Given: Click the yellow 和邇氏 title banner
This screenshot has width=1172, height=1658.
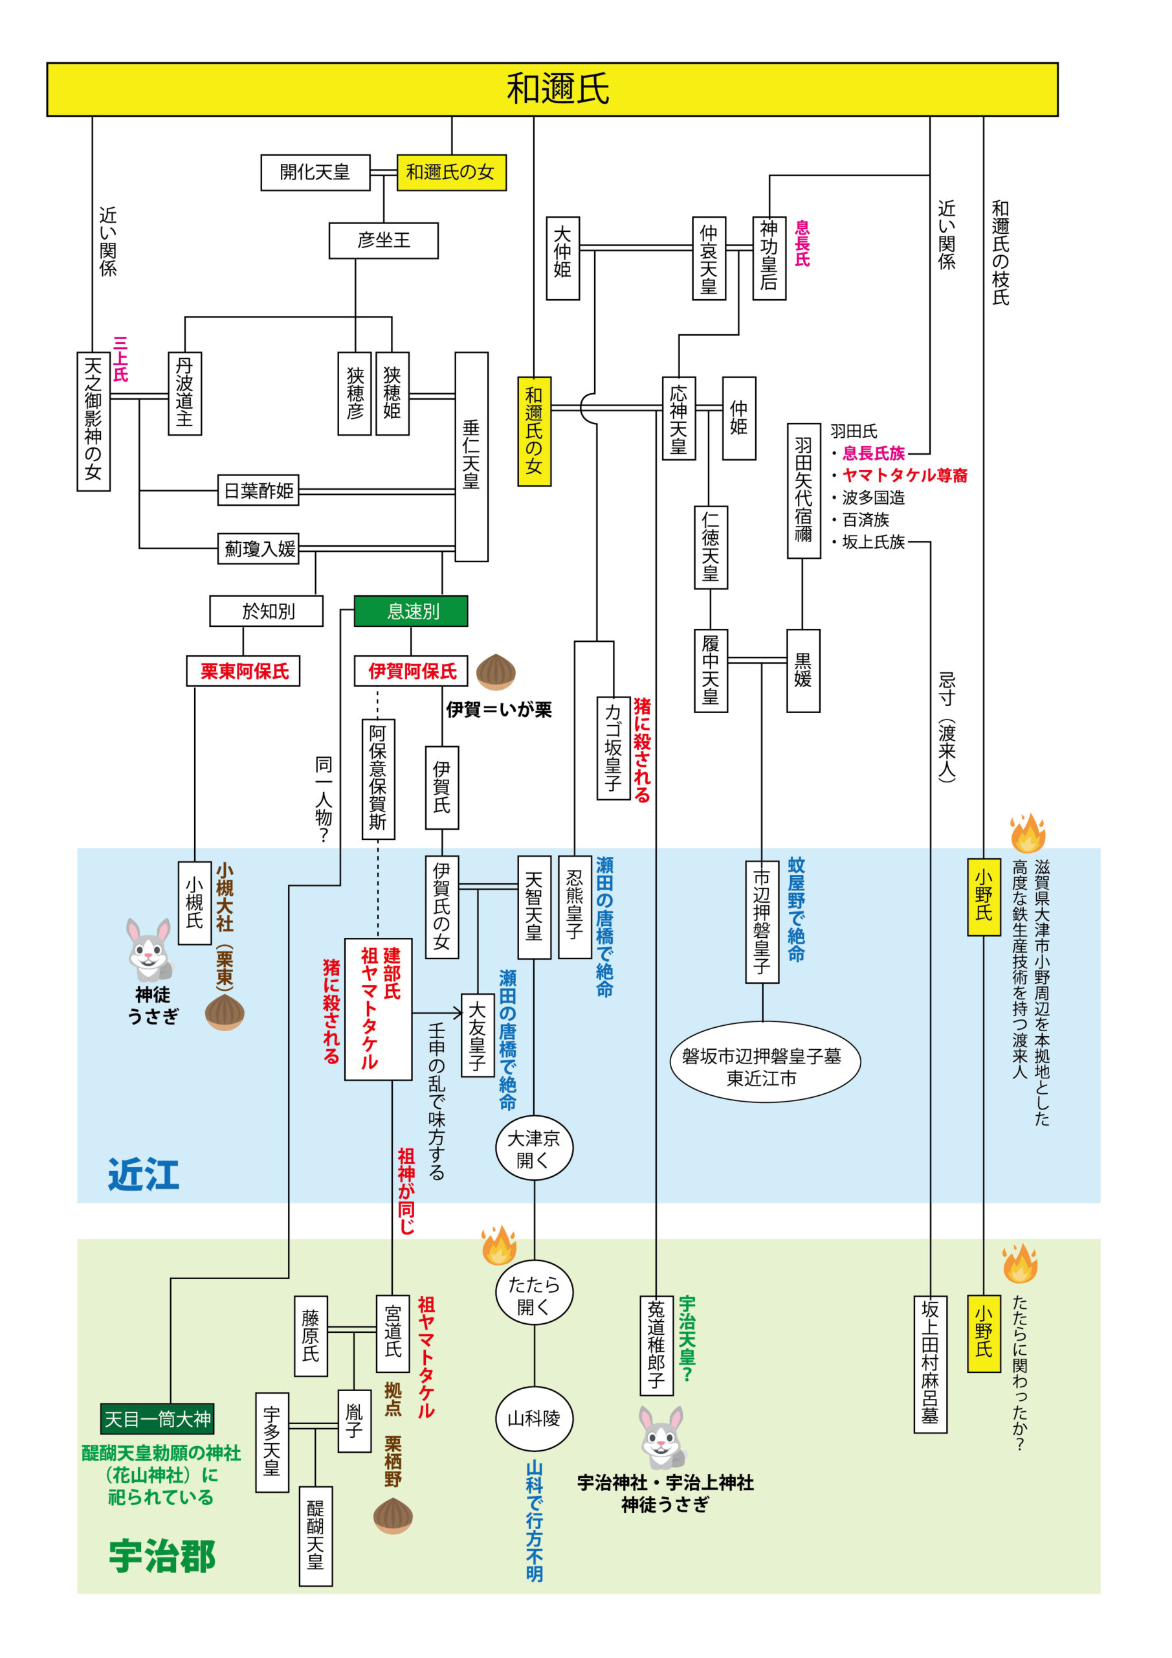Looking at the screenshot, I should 552,89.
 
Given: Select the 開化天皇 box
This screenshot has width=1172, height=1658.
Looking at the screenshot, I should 315,172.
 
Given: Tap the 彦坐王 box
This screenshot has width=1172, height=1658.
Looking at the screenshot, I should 383,240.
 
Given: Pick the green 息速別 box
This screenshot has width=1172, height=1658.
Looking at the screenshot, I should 411,611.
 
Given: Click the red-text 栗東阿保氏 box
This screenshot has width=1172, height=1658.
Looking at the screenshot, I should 243,671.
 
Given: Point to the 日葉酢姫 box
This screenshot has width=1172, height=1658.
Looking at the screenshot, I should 258,491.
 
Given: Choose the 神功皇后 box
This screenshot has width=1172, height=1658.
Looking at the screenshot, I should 769,258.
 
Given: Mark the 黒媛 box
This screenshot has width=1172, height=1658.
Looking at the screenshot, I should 802,671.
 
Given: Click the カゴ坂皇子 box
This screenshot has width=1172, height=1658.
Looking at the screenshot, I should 614,748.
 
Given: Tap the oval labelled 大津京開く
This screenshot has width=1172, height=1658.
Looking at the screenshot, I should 534,1149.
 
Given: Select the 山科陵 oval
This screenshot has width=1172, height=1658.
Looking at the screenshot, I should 534,1419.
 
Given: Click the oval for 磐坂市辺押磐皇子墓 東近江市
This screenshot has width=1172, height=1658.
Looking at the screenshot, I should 765,1067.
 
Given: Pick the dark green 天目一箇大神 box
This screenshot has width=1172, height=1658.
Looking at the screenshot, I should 157,1419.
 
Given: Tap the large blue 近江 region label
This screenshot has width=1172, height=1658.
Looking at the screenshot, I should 144,1175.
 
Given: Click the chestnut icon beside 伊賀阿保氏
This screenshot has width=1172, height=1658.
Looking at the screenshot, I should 496,672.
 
